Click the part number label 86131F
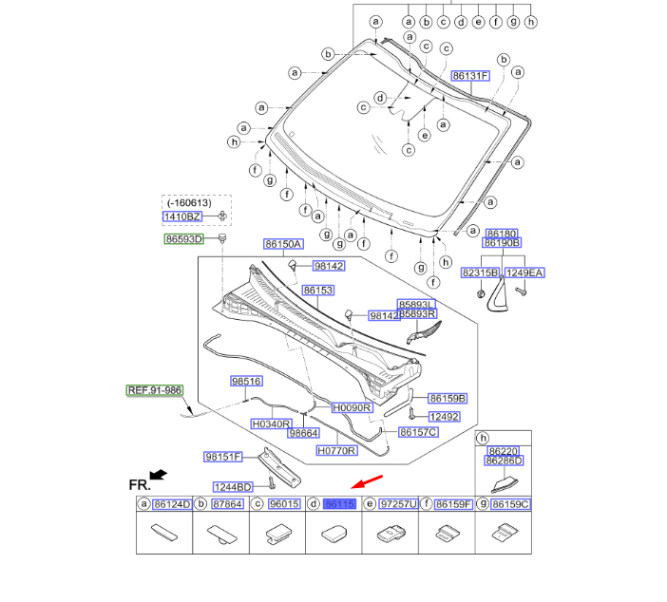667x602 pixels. [x=470, y=75]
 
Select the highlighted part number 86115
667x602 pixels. [x=340, y=504]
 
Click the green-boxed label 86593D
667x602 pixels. [x=184, y=239]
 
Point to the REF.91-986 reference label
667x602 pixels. [x=154, y=390]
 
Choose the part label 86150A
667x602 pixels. [x=283, y=245]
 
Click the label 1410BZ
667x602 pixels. [x=184, y=216]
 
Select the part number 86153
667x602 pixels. [x=318, y=290]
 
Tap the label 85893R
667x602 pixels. [x=417, y=314]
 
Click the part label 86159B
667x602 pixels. [x=447, y=398]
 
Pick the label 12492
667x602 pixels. [x=444, y=416]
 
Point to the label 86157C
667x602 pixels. [x=418, y=432]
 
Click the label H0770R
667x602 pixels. [x=335, y=451]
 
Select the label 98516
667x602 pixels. [x=246, y=381]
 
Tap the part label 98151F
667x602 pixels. [x=223, y=457]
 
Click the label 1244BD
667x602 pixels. [x=232, y=486]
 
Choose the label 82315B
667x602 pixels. [x=480, y=273]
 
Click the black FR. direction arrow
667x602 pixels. [x=158, y=473]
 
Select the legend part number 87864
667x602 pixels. [x=227, y=504]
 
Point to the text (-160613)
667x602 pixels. [x=189, y=202]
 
